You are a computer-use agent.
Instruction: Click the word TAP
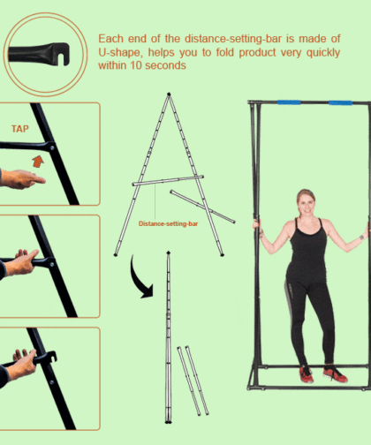click(x=20, y=127)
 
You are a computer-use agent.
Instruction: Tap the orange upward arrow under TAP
click(x=38, y=161)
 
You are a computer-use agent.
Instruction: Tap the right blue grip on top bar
click(x=341, y=102)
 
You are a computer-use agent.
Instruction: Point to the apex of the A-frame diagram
click(x=168, y=94)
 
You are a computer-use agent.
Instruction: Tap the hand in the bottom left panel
click(x=22, y=361)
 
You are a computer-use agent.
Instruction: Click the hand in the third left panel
click(x=22, y=261)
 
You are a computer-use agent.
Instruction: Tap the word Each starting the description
click(x=112, y=39)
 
